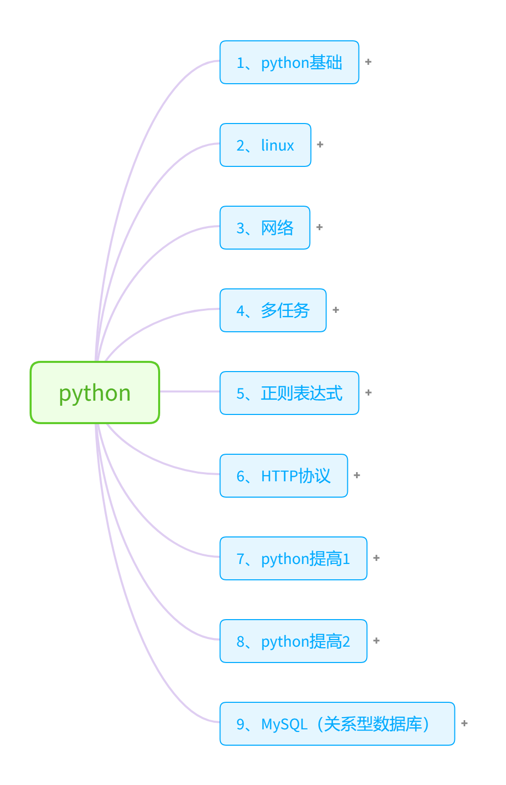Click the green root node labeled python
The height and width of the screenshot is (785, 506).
click(95, 393)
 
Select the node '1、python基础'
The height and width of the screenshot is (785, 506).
click(289, 62)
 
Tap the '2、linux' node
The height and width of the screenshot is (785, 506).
click(265, 145)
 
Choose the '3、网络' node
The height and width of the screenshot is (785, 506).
click(265, 228)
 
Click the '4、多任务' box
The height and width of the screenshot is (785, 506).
click(273, 310)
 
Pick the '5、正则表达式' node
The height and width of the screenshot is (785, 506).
click(289, 393)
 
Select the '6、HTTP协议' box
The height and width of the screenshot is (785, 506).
click(284, 476)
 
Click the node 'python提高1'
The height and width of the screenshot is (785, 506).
click(293, 558)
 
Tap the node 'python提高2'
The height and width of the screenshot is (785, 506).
click(293, 641)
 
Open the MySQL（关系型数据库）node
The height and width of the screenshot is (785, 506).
click(337, 724)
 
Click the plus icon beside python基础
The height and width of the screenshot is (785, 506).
click(368, 62)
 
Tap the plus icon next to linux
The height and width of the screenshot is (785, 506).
click(320, 144)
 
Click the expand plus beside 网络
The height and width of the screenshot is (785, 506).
click(320, 227)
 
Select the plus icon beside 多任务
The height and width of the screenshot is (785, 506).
click(336, 310)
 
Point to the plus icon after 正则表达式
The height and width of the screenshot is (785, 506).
click(368, 393)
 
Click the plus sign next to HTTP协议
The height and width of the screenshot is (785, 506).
click(357, 475)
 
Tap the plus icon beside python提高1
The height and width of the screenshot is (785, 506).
click(376, 558)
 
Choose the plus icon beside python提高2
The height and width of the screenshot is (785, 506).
click(376, 641)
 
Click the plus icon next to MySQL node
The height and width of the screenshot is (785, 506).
click(464, 723)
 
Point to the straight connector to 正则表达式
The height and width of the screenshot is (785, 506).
click(190, 391)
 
